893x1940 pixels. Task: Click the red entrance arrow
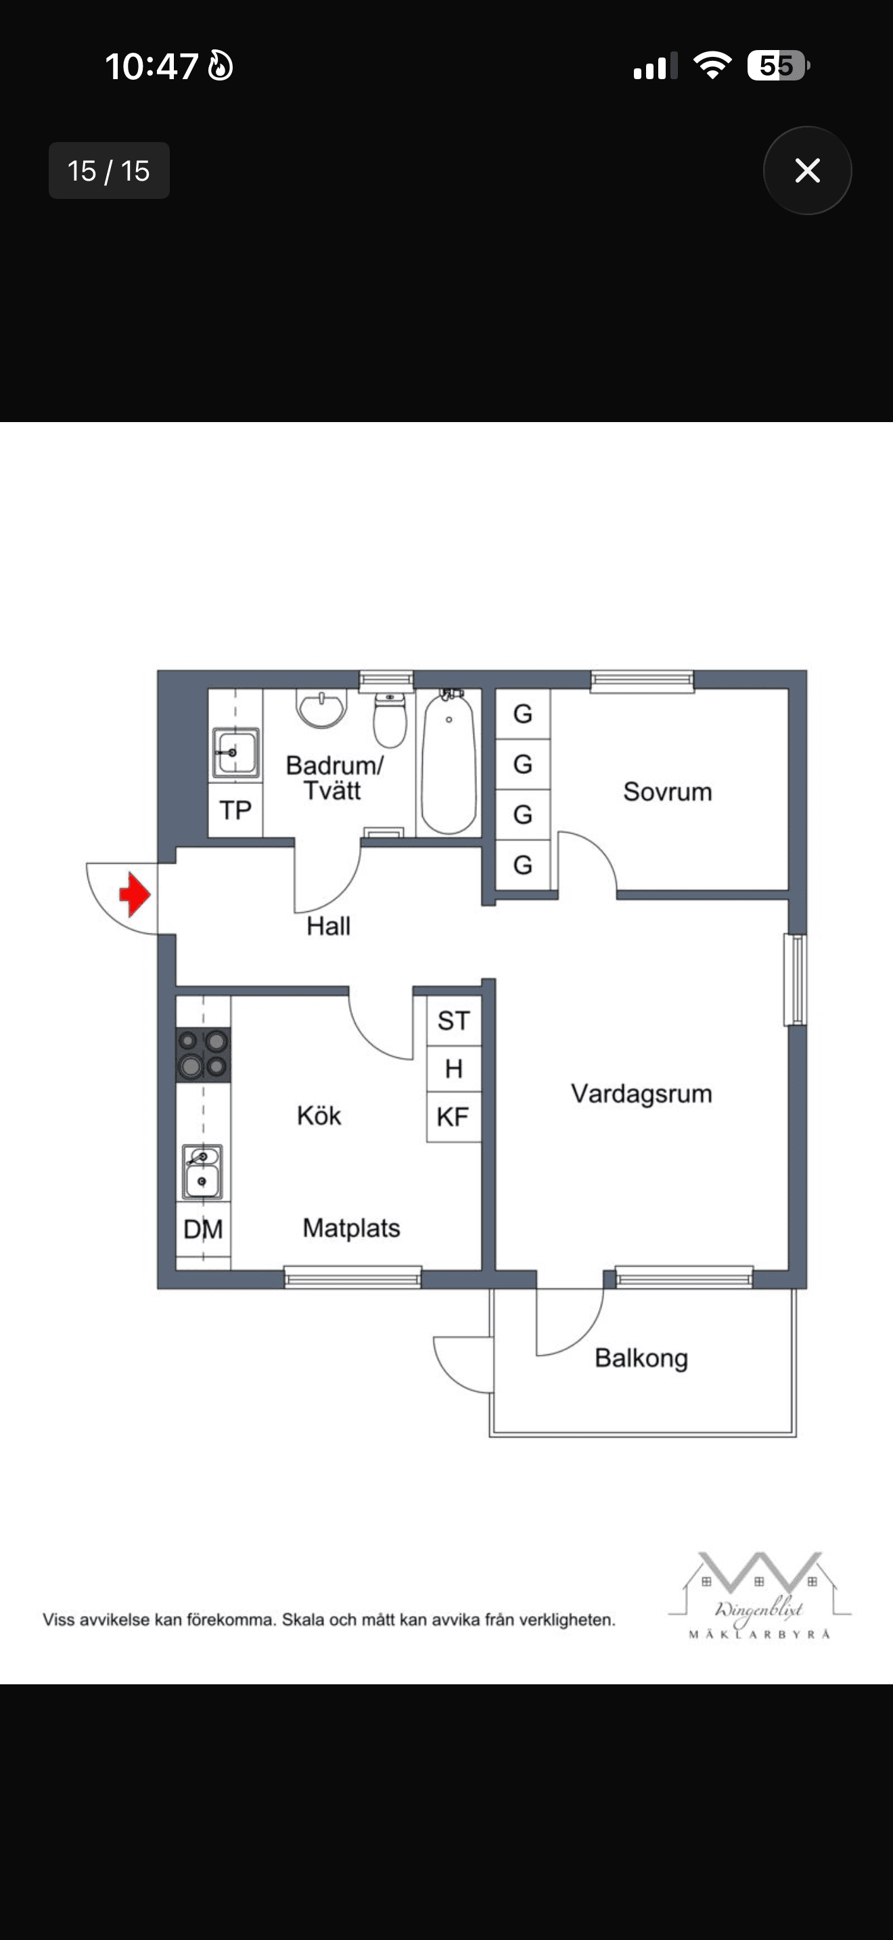tap(135, 895)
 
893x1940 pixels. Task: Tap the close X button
tap(807, 170)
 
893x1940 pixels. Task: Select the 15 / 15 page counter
tap(109, 171)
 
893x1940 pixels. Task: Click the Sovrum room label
tap(667, 791)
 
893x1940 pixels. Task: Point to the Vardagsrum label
tap(641, 1094)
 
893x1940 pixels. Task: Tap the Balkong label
tap(641, 1358)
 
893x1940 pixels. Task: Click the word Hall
tap(328, 925)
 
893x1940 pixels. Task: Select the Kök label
tap(319, 1115)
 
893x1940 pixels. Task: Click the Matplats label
tap(351, 1228)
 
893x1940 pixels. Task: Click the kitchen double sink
tap(202, 1171)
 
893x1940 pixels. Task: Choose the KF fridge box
tap(453, 1117)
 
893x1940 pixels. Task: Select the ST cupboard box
tap(453, 1021)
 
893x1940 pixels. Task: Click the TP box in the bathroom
tap(235, 810)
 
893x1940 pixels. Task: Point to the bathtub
tap(449, 762)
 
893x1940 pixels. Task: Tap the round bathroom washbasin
tap(322, 708)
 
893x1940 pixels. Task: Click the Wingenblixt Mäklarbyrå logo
tap(759, 1595)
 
